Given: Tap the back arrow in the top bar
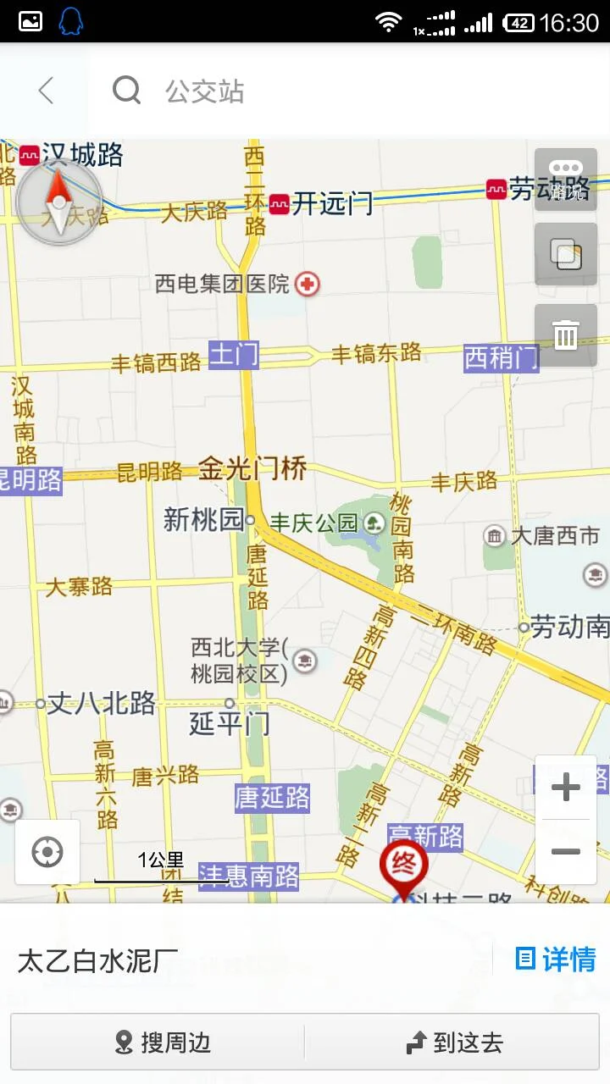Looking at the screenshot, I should coord(46,91).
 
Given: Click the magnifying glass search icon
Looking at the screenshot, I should coord(126,90).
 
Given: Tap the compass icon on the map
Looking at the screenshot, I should coord(58,202).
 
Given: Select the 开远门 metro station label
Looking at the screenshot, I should coord(331,204).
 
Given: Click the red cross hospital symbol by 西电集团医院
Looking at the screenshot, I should coord(308,284).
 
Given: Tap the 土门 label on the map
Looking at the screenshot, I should coord(234,354).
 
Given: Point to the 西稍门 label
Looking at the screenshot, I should coord(501,358).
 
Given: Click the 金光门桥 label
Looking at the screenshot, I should coord(252,468).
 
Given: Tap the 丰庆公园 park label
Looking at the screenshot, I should coord(313,523).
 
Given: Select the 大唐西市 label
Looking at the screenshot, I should coord(554,535).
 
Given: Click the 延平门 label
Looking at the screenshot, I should coord(229,723).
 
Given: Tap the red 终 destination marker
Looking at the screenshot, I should coord(404,864).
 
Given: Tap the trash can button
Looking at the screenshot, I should coord(565,335).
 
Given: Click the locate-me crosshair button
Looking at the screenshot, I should coord(47,852).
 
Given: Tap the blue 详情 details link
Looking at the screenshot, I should coord(556,959).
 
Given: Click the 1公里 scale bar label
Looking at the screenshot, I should coord(161,860).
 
